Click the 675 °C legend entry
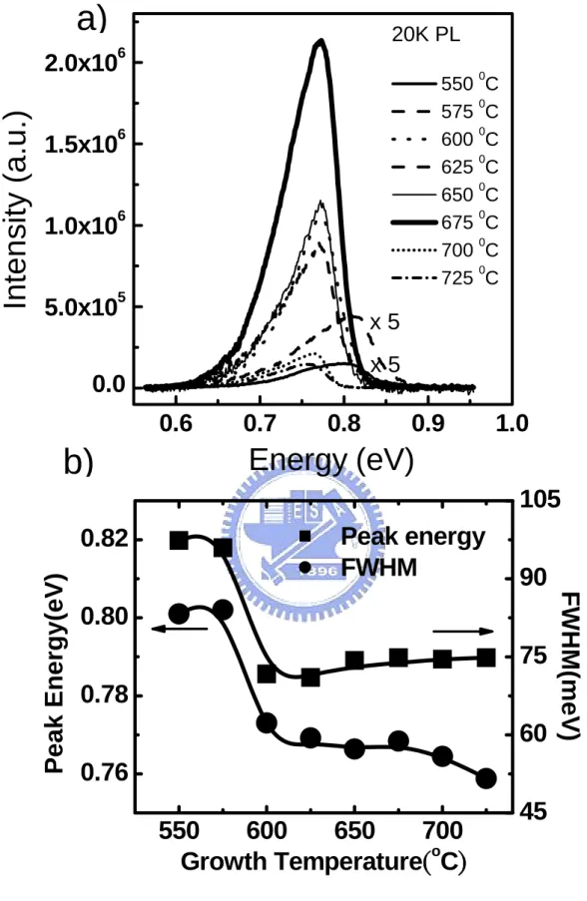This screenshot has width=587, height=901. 444,222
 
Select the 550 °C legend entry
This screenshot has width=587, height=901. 444,84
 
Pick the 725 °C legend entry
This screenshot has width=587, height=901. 444,277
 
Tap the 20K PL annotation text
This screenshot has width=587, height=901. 426,35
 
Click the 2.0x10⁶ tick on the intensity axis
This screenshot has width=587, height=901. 85,62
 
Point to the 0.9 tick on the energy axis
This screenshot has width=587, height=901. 428,423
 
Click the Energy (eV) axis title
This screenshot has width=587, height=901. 331,460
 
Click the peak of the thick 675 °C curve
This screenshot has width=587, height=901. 321,40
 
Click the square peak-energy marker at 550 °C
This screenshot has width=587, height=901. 179,541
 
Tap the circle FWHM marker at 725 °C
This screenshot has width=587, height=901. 486,778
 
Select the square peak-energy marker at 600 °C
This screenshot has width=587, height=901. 267,675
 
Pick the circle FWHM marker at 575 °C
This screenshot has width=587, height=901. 223,610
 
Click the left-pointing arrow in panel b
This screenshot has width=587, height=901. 180,630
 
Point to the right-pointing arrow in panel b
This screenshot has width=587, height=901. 463,632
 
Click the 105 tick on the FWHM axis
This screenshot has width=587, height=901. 539,500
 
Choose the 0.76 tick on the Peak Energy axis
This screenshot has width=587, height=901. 103,773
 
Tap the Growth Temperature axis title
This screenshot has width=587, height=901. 323,862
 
